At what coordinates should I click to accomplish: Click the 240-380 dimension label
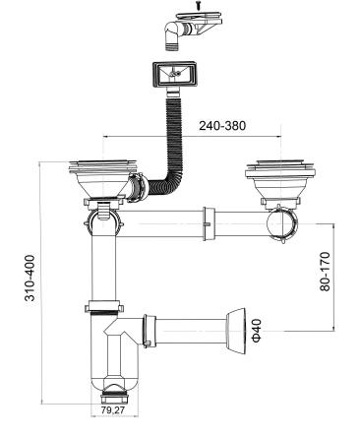pyautogui.click(x=222, y=126)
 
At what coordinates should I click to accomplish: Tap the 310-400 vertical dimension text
pyautogui.click(x=30, y=278)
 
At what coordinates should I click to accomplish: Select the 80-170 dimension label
pyautogui.click(x=325, y=272)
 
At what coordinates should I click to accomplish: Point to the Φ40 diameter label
pyautogui.click(x=257, y=331)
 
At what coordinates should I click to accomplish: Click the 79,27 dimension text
pyautogui.click(x=113, y=409)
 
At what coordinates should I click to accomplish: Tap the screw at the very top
pyautogui.click(x=198, y=5)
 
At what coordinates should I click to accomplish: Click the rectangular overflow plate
pyautogui.click(x=174, y=75)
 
